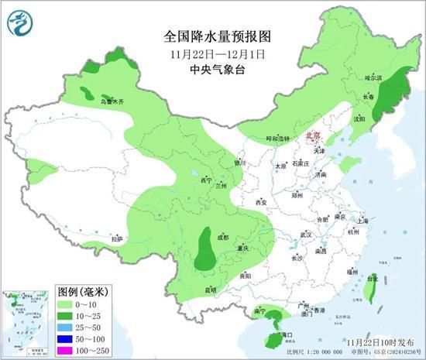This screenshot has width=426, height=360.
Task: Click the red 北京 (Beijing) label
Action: click(x=313, y=134)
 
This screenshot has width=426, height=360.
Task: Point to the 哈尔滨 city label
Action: click(x=374, y=78)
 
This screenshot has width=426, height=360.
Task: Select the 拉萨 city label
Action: click(x=116, y=238)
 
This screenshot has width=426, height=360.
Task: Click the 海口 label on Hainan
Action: click(x=287, y=334)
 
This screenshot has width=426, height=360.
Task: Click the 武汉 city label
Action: click(x=305, y=234)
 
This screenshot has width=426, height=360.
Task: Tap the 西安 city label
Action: click(x=260, y=203)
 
